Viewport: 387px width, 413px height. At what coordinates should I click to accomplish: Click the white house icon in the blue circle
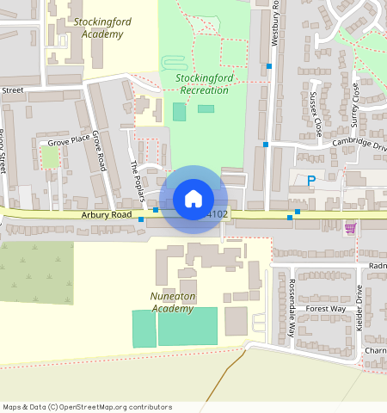[193, 199]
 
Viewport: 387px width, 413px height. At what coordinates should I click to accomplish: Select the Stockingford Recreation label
[204, 83]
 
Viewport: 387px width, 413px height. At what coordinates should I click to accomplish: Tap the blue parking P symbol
[310, 181]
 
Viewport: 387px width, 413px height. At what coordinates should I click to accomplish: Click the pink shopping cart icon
[350, 228]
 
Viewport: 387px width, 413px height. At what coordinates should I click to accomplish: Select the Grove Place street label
[69, 140]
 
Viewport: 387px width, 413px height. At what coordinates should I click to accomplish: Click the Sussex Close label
[316, 116]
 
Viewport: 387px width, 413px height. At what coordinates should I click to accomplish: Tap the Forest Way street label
[325, 308]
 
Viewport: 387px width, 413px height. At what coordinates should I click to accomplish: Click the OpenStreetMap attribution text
[87, 407]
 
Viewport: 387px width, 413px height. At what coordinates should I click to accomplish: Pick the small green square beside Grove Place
[51, 157]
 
